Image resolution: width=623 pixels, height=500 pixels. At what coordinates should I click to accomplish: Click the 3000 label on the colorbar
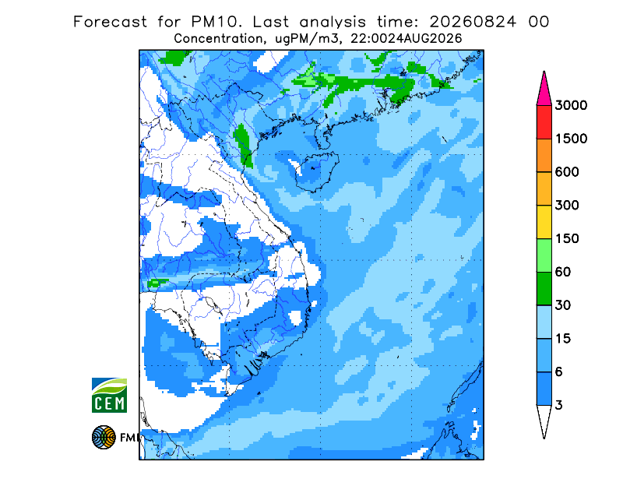click(x=571, y=105)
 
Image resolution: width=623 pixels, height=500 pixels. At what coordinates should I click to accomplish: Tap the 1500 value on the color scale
click(x=571, y=139)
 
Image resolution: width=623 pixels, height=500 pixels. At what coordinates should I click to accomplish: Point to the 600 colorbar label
click(x=567, y=172)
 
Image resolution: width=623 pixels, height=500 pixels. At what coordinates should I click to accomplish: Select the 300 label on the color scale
click(x=567, y=206)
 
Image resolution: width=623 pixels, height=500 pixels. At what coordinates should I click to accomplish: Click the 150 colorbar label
click(x=567, y=239)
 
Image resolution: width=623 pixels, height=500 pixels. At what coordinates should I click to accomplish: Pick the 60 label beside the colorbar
click(x=562, y=273)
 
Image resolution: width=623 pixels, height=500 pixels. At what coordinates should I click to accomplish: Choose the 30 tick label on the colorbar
click(x=562, y=305)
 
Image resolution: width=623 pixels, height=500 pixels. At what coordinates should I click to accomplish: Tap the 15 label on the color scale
click(x=562, y=339)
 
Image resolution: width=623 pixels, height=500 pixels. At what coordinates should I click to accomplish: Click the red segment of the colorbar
click(x=544, y=122)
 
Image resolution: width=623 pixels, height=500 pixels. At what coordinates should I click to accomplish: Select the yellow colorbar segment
click(x=544, y=222)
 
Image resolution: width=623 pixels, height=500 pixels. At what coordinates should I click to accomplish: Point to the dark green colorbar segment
click(x=544, y=289)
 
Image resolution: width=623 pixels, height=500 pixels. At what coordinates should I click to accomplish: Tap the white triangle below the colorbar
click(x=544, y=418)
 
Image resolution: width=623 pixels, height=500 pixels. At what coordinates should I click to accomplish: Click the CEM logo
click(x=109, y=396)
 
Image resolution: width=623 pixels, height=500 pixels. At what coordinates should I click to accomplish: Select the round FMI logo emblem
click(x=104, y=438)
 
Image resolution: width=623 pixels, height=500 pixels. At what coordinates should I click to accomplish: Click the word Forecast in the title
click(x=110, y=22)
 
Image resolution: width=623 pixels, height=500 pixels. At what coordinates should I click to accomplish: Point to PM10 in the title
click(x=216, y=22)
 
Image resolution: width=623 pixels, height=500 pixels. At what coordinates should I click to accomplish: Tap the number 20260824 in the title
click(x=473, y=22)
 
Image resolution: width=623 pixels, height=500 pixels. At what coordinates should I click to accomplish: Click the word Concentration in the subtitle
click(x=219, y=39)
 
